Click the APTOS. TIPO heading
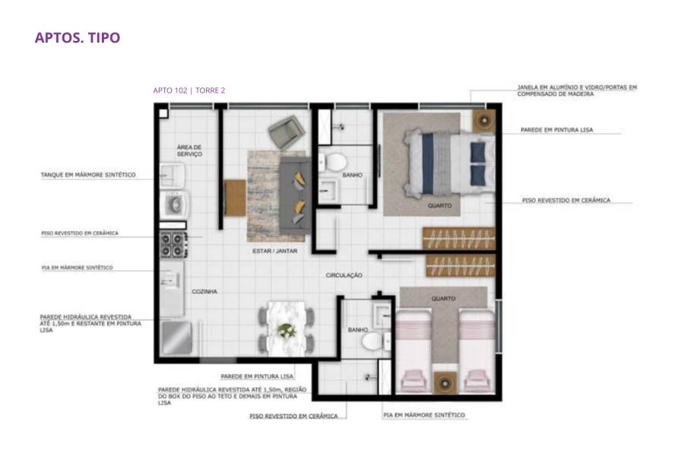[78, 37]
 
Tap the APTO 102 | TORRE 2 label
[189, 90]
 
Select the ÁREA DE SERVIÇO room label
[189, 150]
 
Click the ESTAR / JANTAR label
[275, 251]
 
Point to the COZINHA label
[204, 292]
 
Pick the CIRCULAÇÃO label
[344, 275]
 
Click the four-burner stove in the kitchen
[173, 245]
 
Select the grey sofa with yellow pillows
[296, 196]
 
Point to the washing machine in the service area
[174, 204]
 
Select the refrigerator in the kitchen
[176, 337]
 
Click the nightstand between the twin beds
[445, 383]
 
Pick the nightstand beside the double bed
[484, 120]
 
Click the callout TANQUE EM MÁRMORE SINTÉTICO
[88, 175]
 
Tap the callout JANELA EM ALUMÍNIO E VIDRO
[577, 87]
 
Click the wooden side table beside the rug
[235, 198]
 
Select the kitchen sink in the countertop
[169, 280]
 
